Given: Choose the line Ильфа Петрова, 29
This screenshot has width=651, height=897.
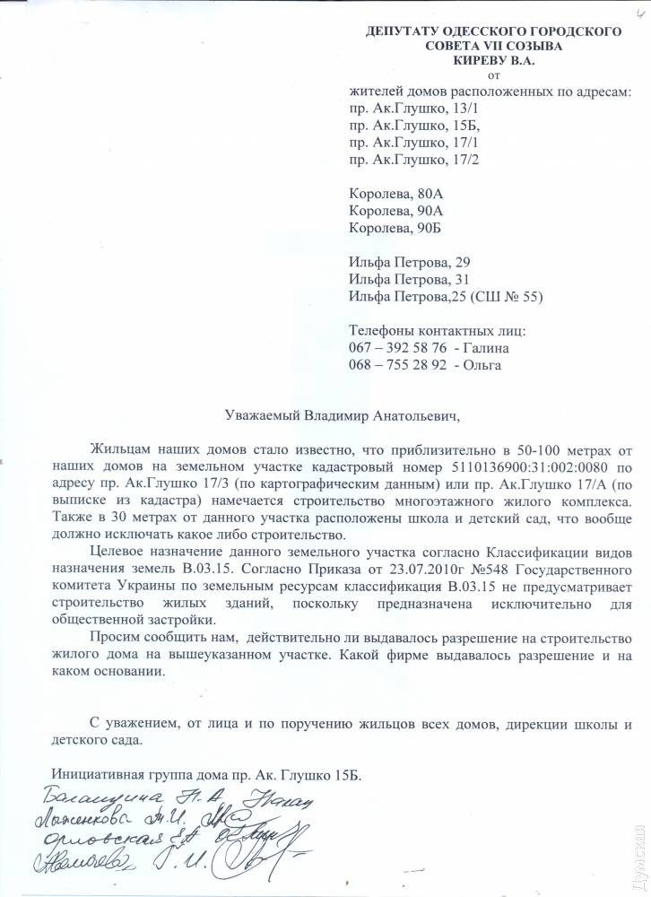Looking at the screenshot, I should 408,261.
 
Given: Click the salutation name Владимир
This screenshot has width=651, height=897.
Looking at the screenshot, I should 335,415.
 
